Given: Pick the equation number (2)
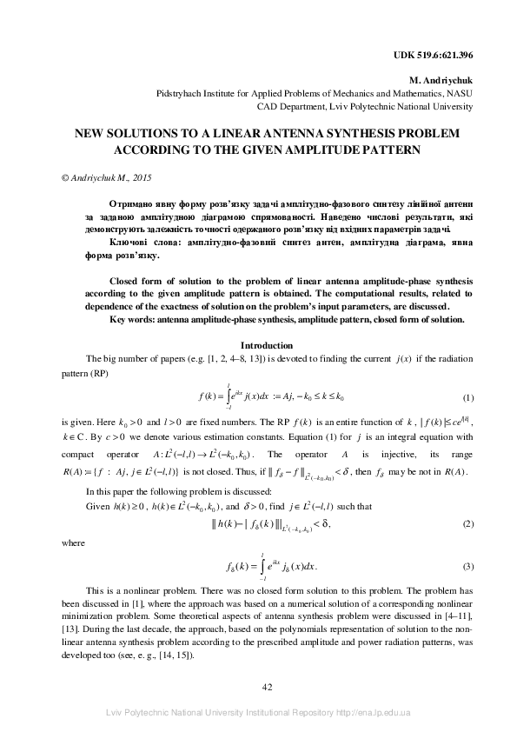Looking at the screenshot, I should (x=467, y=524).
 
